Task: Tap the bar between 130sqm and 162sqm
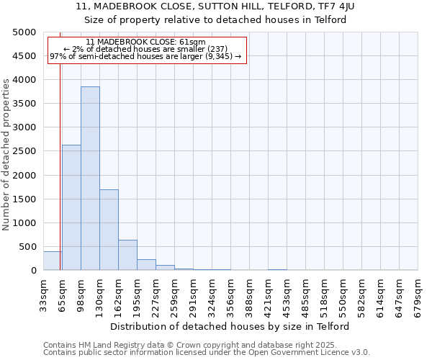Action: click(109, 230)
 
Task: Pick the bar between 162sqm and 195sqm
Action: click(127, 255)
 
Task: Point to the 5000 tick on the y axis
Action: click(24, 32)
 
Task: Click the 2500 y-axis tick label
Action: click(24, 152)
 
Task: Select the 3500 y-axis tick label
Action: click(24, 104)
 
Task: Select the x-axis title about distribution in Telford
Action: click(230, 326)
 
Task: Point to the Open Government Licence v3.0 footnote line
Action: click(207, 353)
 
